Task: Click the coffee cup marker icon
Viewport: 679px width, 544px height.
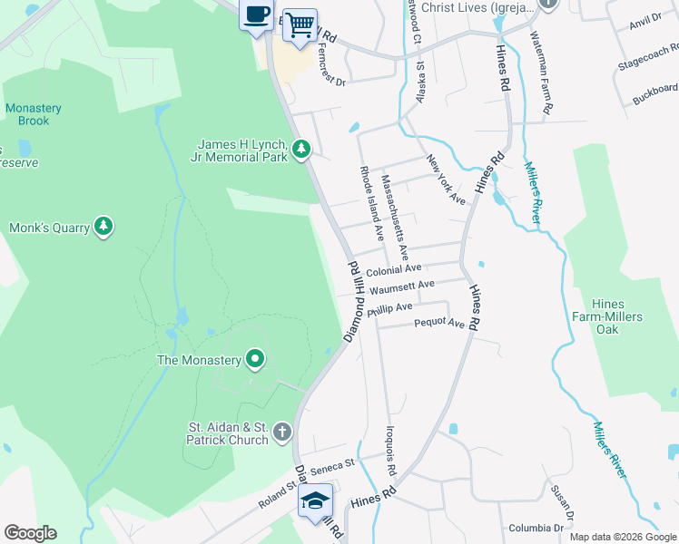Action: pyautogui.click(x=257, y=15)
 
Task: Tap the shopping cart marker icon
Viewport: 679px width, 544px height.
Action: pyautogui.click(x=300, y=24)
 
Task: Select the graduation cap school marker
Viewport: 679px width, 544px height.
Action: pyautogui.click(x=316, y=500)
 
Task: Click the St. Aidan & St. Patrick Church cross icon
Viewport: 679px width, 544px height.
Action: pyautogui.click(x=282, y=432)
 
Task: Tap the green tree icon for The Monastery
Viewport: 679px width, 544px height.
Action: pyautogui.click(x=256, y=360)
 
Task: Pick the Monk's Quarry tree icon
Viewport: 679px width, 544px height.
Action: pyautogui.click(x=104, y=227)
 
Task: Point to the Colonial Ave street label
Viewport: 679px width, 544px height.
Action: pyautogui.click(x=394, y=269)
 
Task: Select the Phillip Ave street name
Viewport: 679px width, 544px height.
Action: pyautogui.click(x=390, y=309)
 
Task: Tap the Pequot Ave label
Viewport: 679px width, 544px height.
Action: pyautogui.click(x=439, y=324)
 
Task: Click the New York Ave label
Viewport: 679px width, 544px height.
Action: pyautogui.click(x=446, y=180)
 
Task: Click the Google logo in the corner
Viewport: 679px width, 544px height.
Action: pyautogui.click(x=30, y=533)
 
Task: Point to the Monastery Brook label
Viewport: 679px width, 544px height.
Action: pyautogui.click(x=34, y=114)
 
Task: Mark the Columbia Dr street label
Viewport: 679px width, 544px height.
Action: pyautogui.click(x=536, y=528)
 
